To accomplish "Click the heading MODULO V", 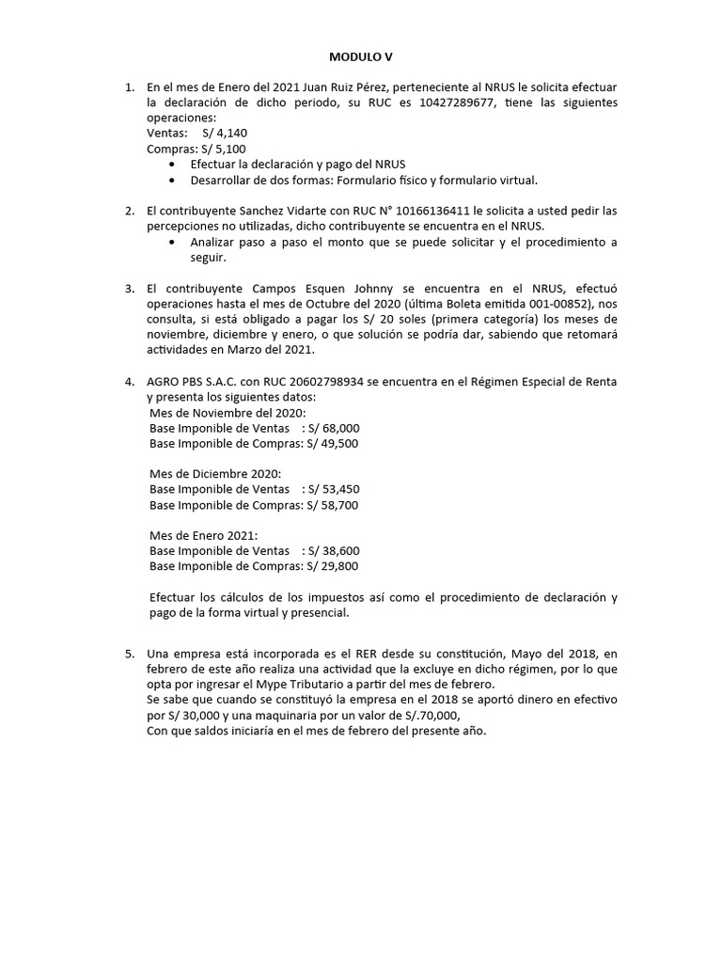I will [x=360, y=56].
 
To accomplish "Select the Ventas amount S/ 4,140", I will [x=223, y=134].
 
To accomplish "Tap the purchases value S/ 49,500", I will [x=331, y=443].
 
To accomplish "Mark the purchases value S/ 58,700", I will [x=331, y=504].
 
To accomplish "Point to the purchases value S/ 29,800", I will [x=331, y=566].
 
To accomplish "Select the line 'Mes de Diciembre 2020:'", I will [x=214, y=473].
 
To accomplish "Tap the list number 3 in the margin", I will [x=130, y=288].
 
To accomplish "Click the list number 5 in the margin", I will [x=130, y=653].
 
